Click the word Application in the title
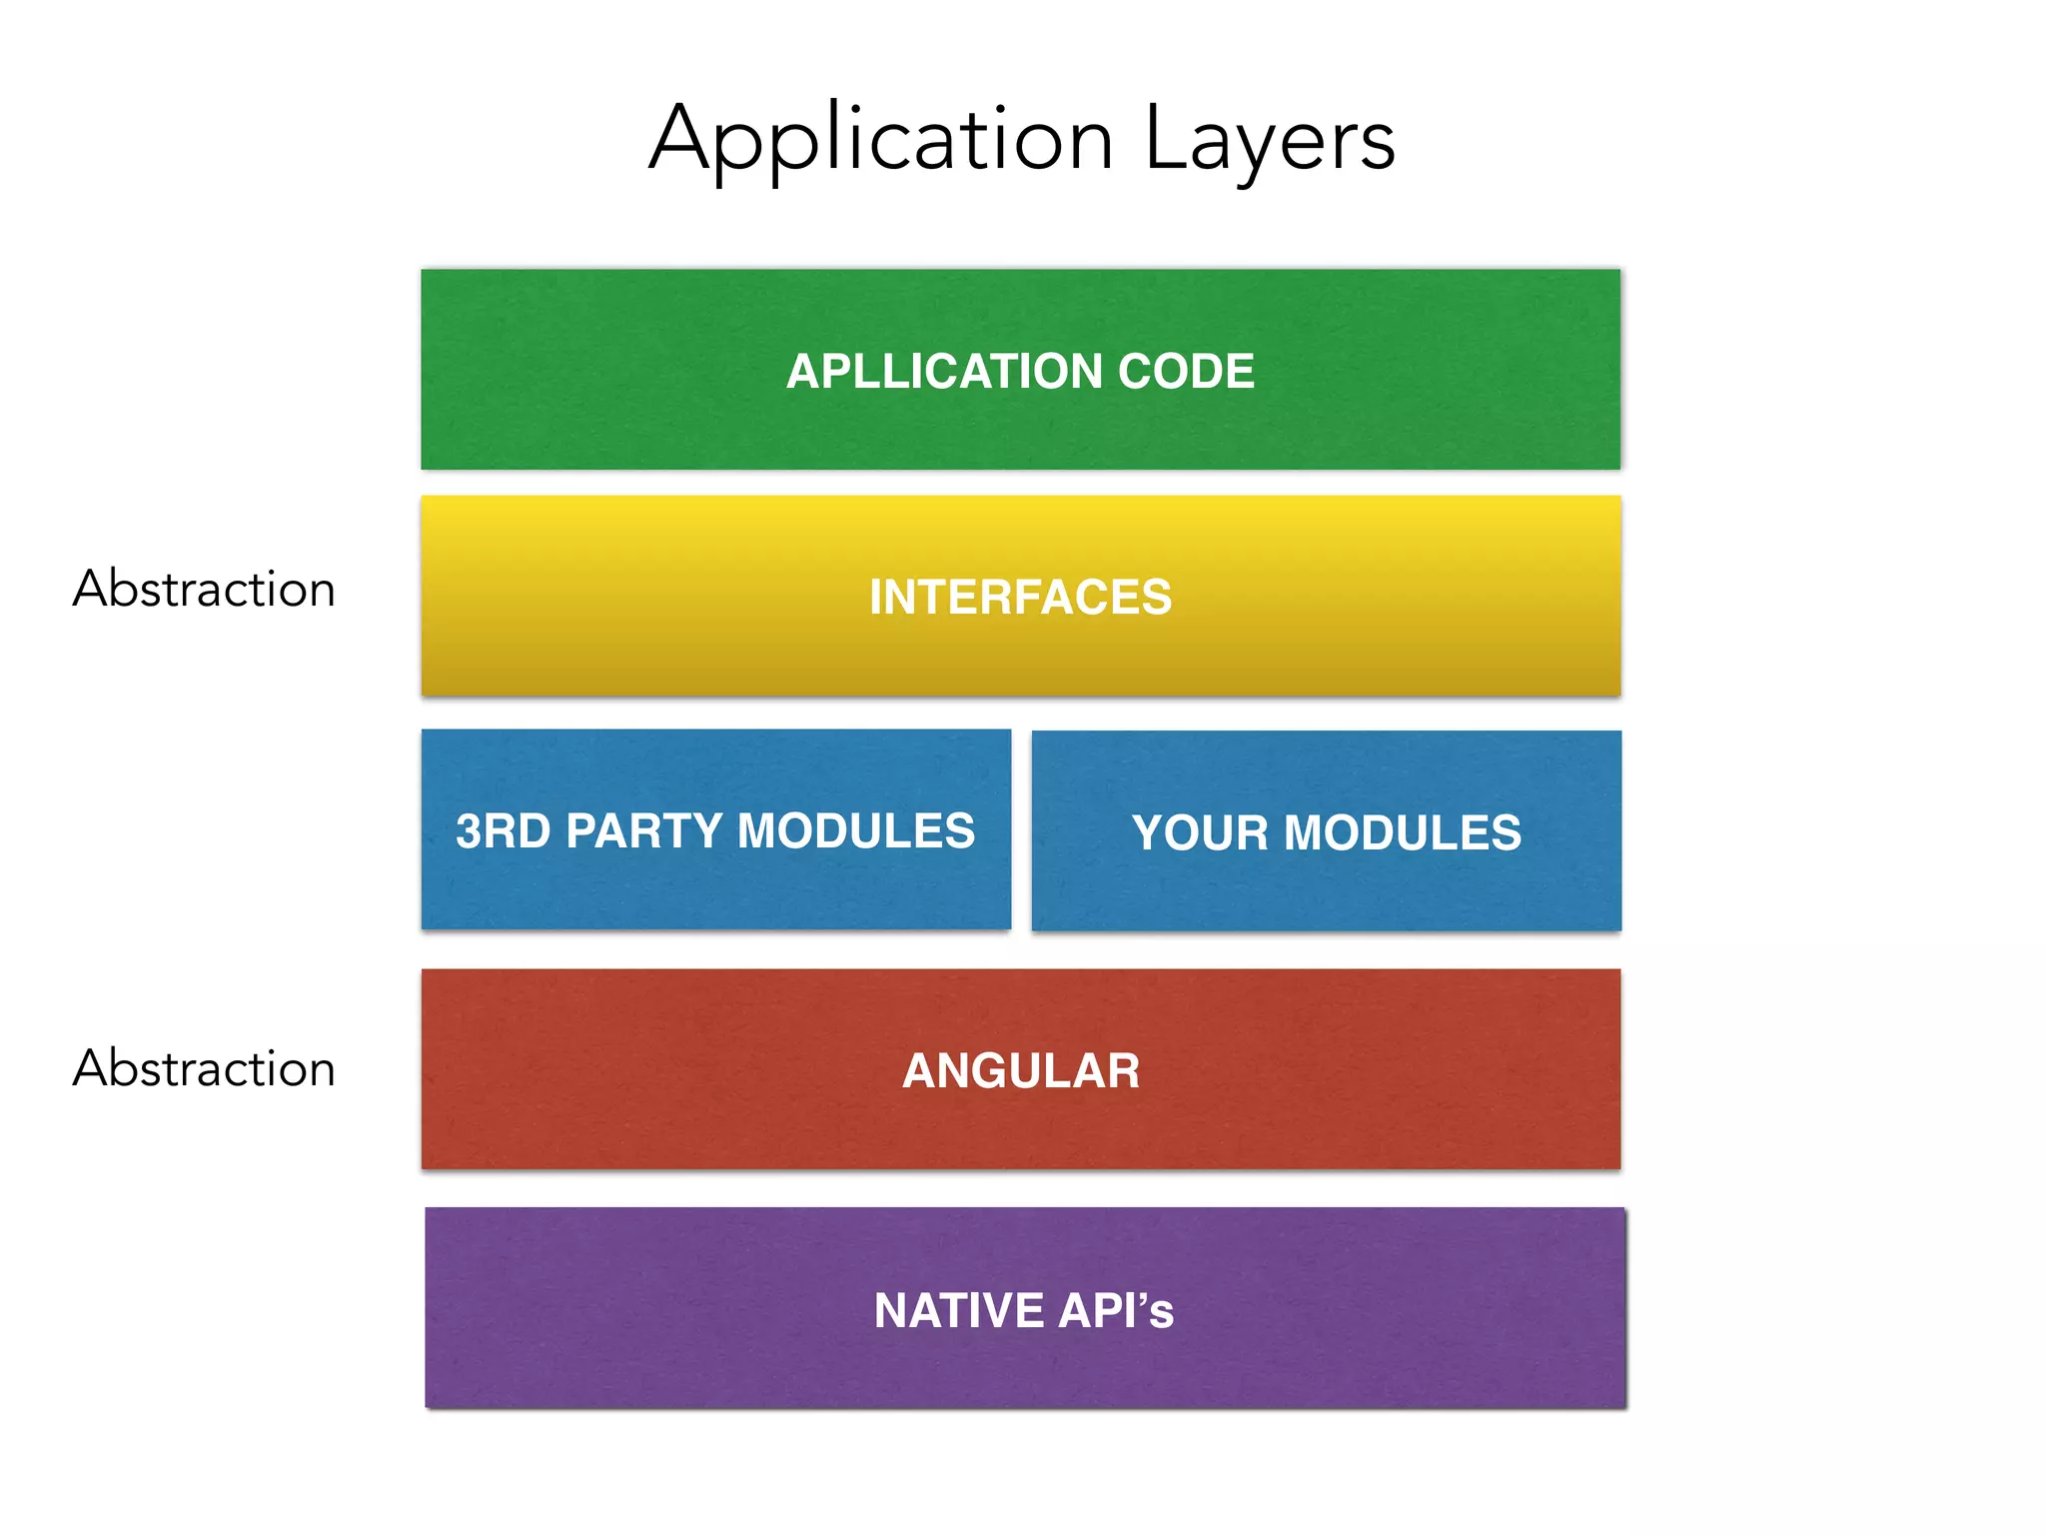click(881, 140)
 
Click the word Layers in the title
click(1269, 140)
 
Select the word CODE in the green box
click(1186, 372)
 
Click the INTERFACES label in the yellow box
click(1020, 598)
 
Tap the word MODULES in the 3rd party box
click(855, 831)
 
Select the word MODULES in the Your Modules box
click(1403, 833)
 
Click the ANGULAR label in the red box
click(1020, 1071)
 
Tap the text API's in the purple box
click(1116, 1311)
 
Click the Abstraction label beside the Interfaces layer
click(204, 589)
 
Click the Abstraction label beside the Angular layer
click(204, 1068)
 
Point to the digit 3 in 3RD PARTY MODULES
click(469, 831)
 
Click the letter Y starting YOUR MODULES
click(1149, 833)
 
